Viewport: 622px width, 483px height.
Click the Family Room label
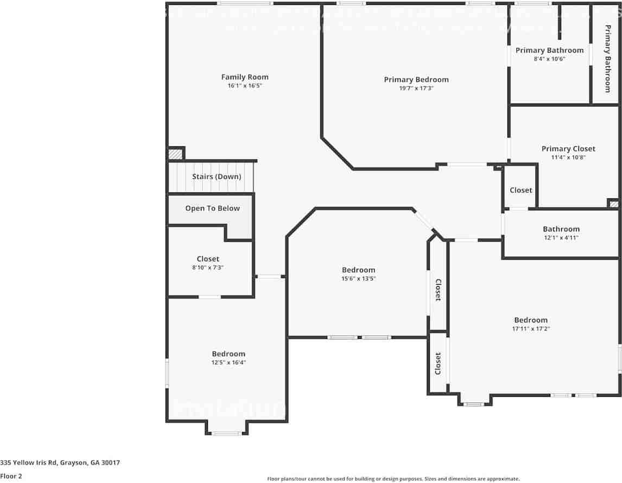pyautogui.click(x=244, y=77)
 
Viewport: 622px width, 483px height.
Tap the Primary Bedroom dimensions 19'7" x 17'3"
pyautogui.click(x=416, y=88)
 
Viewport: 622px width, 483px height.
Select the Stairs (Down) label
pyautogui.click(x=217, y=177)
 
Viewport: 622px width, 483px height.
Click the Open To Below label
pyautogui.click(x=212, y=208)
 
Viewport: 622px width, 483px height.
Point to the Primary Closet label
pyautogui.click(x=568, y=149)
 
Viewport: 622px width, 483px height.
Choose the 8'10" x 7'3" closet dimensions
pyautogui.click(x=208, y=267)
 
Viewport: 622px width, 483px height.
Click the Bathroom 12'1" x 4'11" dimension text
pyautogui.click(x=561, y=237)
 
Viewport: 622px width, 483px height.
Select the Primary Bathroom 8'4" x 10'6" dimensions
pyautogui.click(x=549, y=59)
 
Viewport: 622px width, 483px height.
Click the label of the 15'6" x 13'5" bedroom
pyautogui.click(x=358, y=270)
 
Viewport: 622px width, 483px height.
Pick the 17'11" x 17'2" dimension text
pyautogui.click(x=531, y=329)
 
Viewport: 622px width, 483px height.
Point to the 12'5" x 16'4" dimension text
pyautogui.click(x=229, y=363)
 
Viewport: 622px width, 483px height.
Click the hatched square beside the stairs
pyautogui.click(x=175, y=154)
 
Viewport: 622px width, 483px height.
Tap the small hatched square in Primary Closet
pyautogui.click(x=613, y=204)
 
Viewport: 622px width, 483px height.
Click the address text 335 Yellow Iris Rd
pyautogui.click(x=60, y=462)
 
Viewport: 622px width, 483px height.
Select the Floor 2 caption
pyautogui.click(x=11, y=476)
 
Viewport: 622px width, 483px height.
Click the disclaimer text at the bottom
pyautogui.click(x=393, y=479)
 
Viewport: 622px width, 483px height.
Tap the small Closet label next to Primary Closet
pyautogui.click(x=521, y=190)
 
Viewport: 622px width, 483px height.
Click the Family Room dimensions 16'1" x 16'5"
pyautogui.click(x=244, y=86)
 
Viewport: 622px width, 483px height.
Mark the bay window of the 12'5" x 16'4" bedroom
pyautogui.click(x=226, y=433)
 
